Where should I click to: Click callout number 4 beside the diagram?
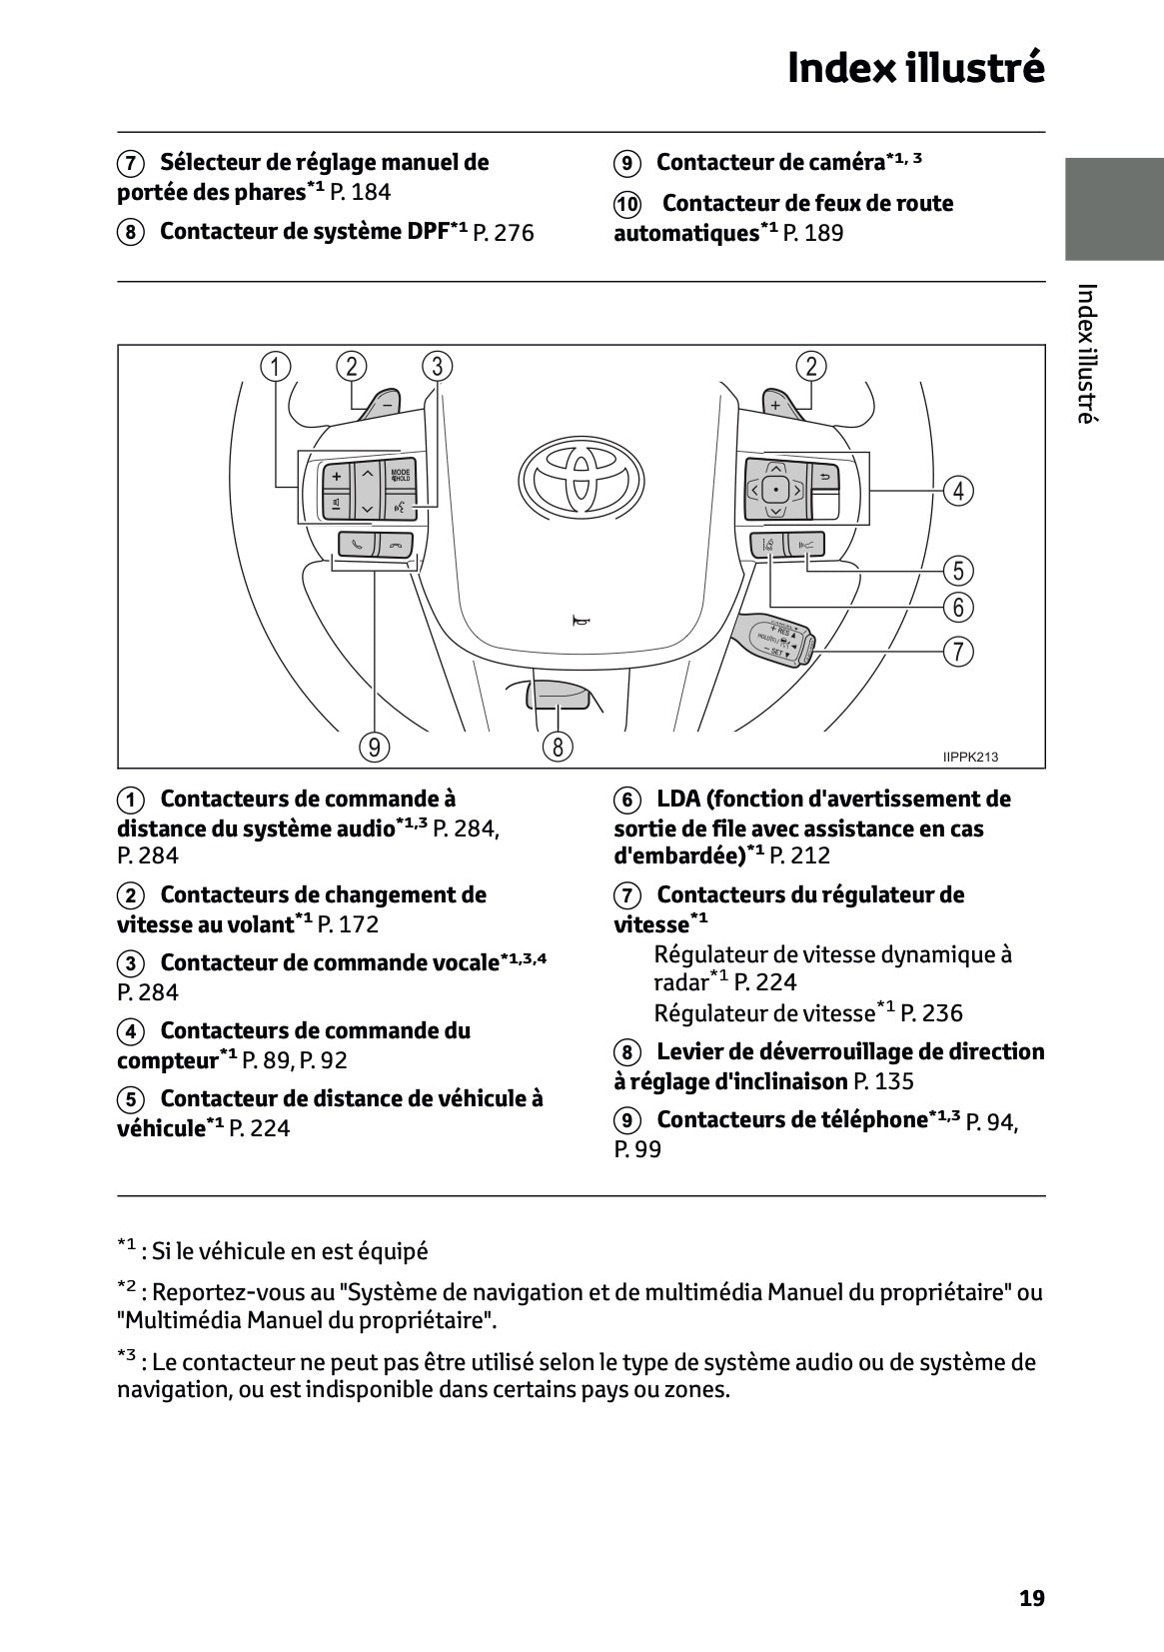pyautogui.click(x=958, y=491)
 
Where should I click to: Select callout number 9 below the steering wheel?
pyautogui.click(x=374, y=747)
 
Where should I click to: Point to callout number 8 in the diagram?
pyautogui.click(x=558, y=747)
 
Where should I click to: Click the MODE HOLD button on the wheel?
pyautogui.click(x=401, y=475)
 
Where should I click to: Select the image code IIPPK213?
pyautogui.click(x=970, y=757)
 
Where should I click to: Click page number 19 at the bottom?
pyautogui.click(x=1031, y=1598)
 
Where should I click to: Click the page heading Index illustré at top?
pyautogui.click(x=915, y=68)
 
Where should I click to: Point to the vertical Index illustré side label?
pyautogui.click(x=1087, y=354)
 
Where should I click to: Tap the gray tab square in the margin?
pyautogui.click(x=1113, y=209)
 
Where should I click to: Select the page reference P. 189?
pyautogui.click(x=812, y=233)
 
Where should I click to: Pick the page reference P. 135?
pyautogui.click(x=883, y=1081)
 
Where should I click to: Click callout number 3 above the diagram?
pyautogui.click(x=437, y=366)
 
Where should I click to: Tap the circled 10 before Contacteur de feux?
pyautogui.click(x=626, y=204)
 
